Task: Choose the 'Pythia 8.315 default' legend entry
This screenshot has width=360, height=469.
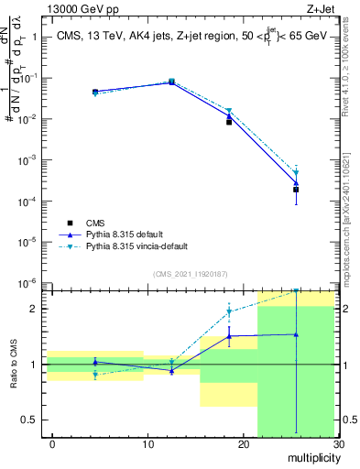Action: [129, 234]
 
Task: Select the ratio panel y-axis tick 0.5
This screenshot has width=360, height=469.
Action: [27, 420]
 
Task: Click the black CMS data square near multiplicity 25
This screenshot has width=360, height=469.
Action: [296, 190]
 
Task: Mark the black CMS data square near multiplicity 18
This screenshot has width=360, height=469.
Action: [229, 121]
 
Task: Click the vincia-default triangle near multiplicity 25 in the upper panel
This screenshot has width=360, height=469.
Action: [296, 172]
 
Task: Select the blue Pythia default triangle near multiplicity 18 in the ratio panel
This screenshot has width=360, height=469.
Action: [229, 336]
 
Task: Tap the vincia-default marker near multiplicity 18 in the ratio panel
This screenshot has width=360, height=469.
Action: [229, 312]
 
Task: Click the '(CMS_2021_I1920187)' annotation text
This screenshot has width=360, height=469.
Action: [190, 273]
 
